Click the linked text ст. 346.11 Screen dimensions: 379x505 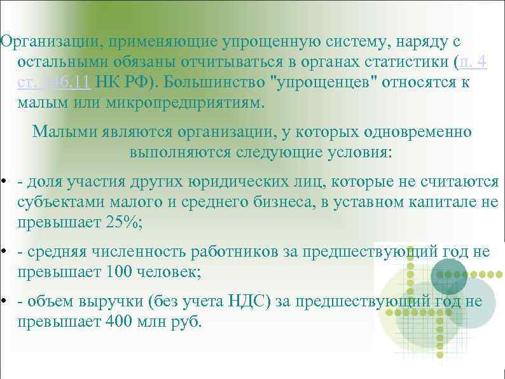pos(57,83)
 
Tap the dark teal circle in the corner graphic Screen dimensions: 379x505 pos(448,276)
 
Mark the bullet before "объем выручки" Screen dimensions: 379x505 pos(4,301)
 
